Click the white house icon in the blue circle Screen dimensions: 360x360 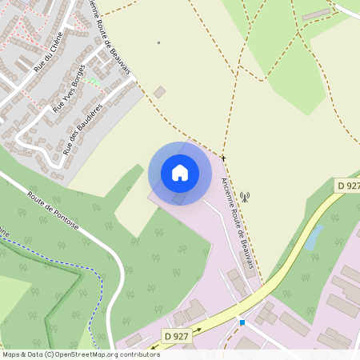(x=179, y=172)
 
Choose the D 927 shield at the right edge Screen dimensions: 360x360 (x=348, y=186)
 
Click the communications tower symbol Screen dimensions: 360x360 (x=245, y=195)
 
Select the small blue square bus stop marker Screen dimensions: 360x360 (x=242, y=322)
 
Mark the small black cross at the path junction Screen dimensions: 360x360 (x=223, y=158)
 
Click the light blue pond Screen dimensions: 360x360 (x=315, y=236)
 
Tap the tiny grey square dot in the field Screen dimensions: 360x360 (x=158, y=42)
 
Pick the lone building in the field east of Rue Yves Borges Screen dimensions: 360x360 (x=159, y=92)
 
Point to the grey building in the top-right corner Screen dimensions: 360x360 (x=317, y=14)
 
